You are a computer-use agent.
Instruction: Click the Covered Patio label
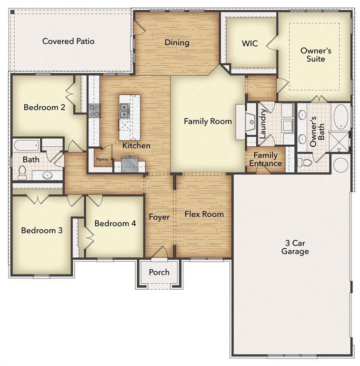(68, 41)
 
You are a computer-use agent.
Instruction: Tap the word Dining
(177, 42)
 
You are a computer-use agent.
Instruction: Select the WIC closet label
(250, 43)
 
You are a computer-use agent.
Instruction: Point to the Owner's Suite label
(312, 54)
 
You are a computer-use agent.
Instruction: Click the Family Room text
(208, 121)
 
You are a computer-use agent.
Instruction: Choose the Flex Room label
(204, 214)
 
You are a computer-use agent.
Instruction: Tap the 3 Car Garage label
(295, 246)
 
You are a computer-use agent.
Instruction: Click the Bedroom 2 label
(44, 107)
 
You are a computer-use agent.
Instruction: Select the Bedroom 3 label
(41, 230)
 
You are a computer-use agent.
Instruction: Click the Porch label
(159, 272)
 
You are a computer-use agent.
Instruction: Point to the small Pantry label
(102, 160)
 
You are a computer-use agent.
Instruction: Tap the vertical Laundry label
(262, 124)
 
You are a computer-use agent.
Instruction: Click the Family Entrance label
(265, 159)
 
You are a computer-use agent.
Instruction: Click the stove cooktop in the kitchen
(94, 111)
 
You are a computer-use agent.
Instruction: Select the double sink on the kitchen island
(124, 111)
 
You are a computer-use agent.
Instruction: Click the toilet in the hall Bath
(22, 173)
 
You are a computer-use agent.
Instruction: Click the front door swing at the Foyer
(162, 252)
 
